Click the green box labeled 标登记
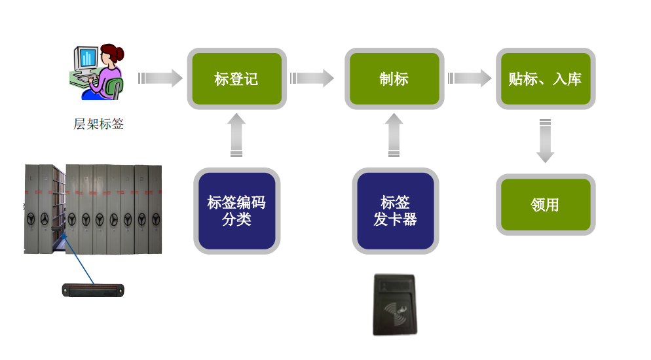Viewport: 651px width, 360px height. click(x=236, y=79)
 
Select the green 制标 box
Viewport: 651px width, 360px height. click(x=394, y=79)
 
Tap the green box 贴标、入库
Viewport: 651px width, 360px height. click(x=545, y=79)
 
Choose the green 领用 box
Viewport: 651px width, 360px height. click(x=545, y=204)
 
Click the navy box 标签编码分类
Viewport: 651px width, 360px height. click(x=236, y=210)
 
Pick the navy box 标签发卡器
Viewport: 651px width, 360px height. click(x=395, y=210)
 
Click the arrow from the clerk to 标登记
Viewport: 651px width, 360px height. click(x=160, y=79)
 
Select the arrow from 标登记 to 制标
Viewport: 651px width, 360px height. click(x=312, y=79)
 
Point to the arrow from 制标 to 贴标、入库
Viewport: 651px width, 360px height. click(x=470, y=79)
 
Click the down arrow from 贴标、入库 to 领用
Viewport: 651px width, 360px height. click(x=545, y=141)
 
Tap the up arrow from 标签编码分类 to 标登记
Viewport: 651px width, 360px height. click(x=236, y=135)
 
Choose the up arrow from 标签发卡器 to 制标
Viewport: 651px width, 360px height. click(x=394, y=135)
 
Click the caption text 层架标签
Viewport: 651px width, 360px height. click(x=98, y=124)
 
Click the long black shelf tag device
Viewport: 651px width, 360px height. click(x=93, y=289)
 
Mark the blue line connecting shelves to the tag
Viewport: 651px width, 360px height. click(x=79, y=259)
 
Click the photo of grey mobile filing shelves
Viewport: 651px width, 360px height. click(x=93, y=209)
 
